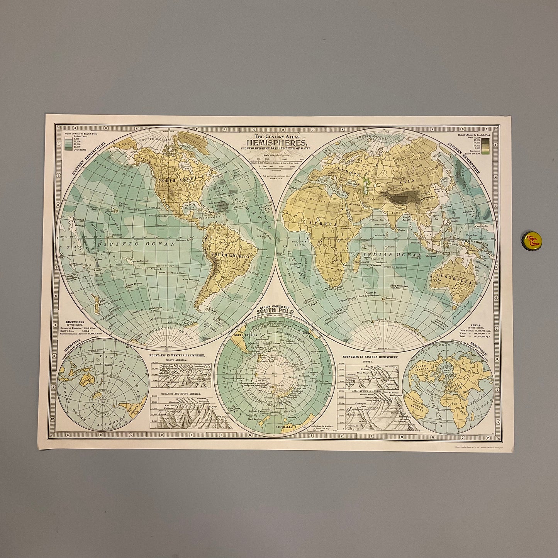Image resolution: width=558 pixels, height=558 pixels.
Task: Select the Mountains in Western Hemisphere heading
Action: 177,355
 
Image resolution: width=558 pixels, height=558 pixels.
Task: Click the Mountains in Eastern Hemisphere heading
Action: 365,355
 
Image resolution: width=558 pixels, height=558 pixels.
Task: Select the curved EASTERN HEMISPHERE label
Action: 466,158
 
